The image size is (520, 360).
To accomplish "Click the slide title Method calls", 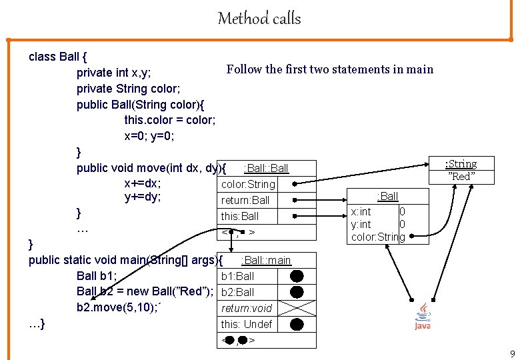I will coord(259,19).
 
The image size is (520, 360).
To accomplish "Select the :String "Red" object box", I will coord(461,170).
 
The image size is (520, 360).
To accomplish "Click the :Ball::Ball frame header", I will coord(266,168).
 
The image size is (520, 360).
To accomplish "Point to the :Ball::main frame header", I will coord(266,260).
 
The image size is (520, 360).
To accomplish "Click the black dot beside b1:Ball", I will coord(297,276).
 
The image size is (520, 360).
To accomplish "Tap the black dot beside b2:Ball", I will coord(297,292).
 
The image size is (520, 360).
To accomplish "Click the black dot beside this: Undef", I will coord(297,325).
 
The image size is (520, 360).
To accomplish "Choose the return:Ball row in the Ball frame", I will coord(245,200).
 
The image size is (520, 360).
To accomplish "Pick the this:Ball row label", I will coord(240,216).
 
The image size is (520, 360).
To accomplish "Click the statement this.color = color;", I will coord(169,120).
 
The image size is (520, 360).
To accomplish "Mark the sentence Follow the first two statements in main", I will coord(329,69).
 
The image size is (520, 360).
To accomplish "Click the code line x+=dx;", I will coord(143,183).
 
